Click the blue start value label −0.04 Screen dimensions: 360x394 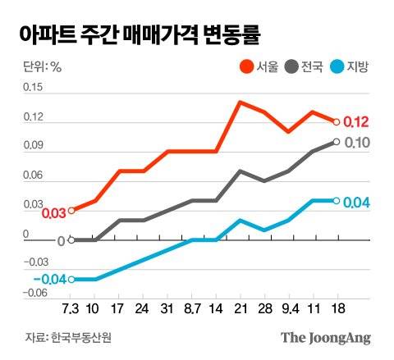(50, 280)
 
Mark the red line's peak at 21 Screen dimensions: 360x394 (239, 102)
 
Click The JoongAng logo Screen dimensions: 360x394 (326, 337)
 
